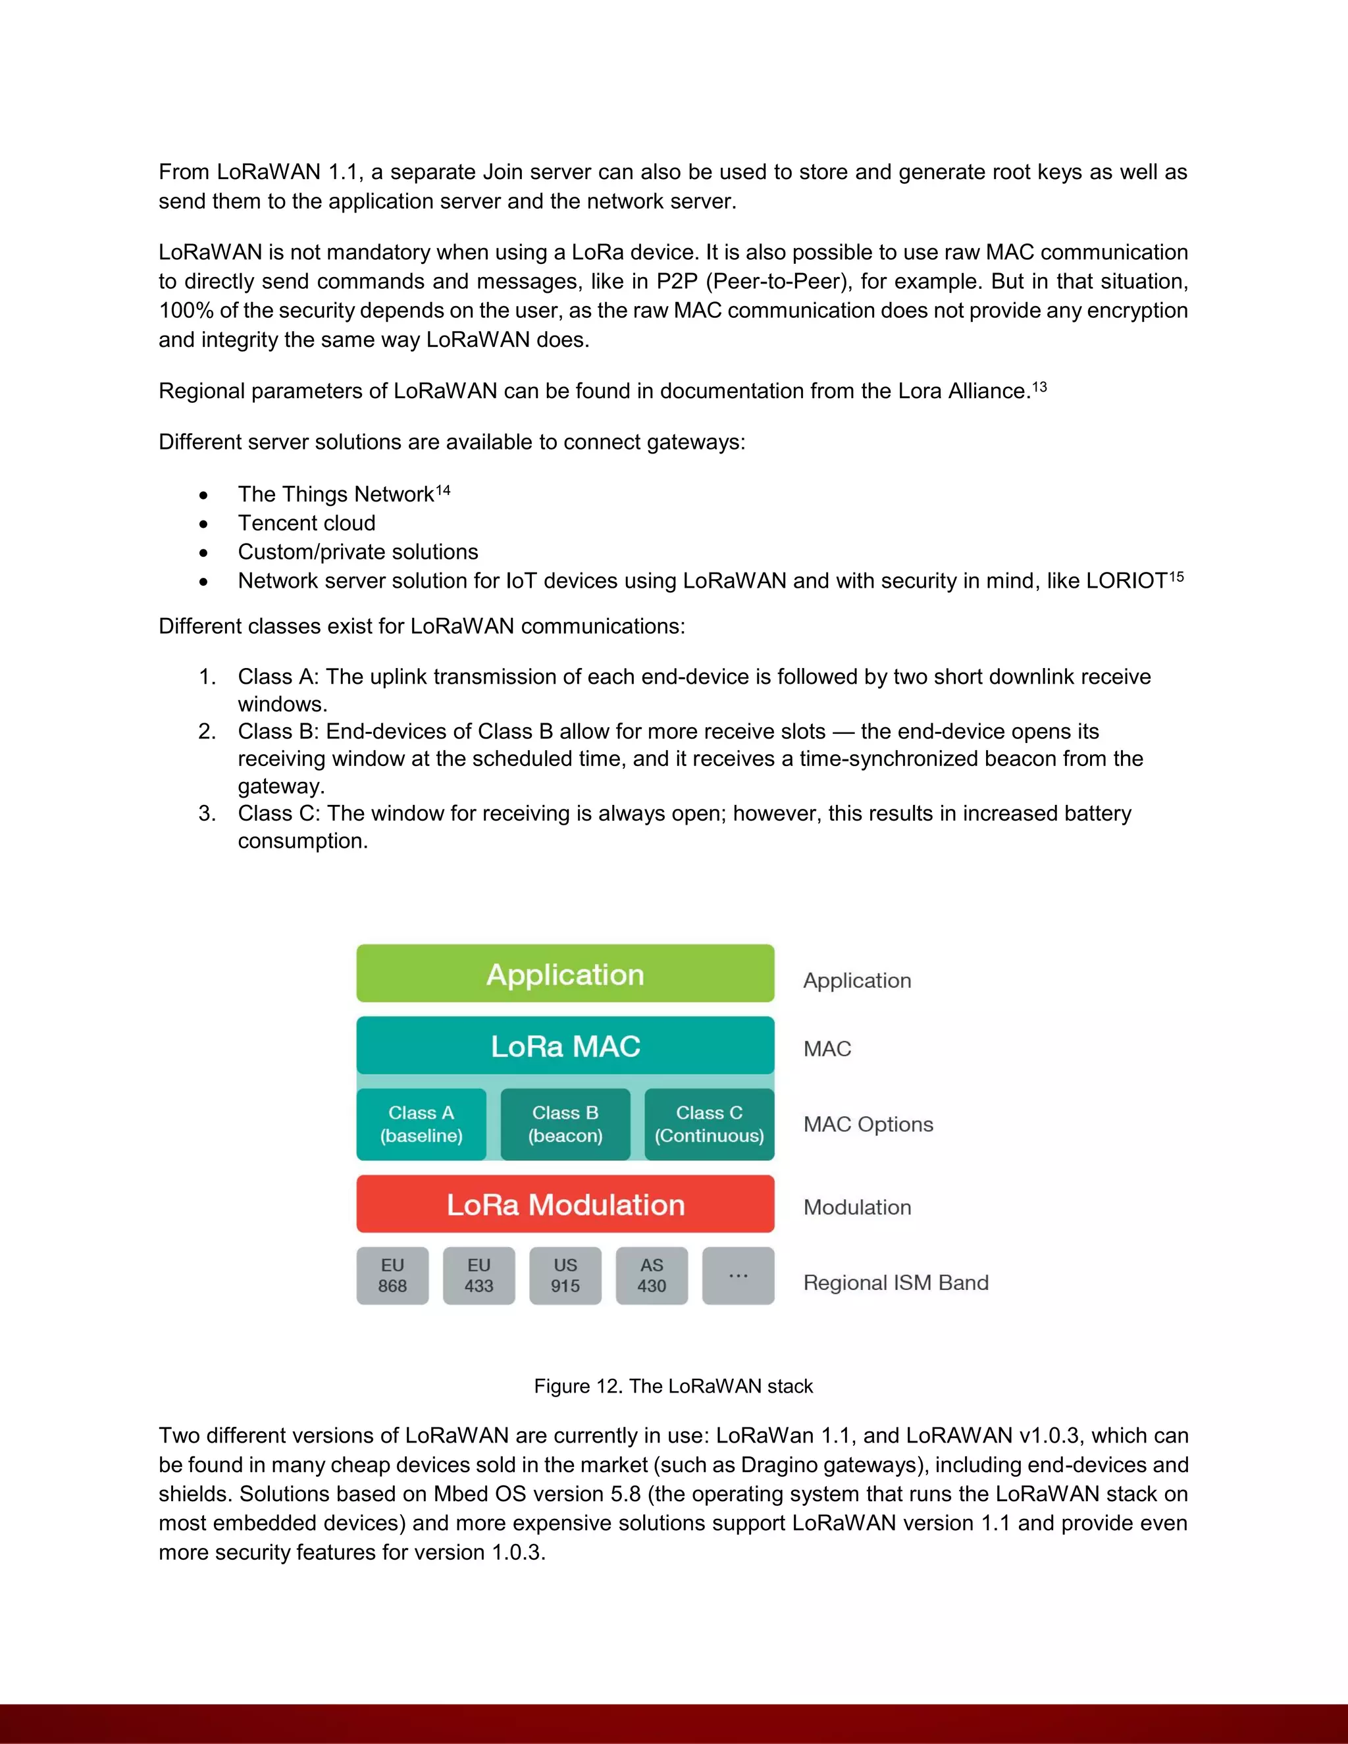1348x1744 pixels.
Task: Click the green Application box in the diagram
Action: (565, 973)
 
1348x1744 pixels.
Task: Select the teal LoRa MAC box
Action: (565, 1045)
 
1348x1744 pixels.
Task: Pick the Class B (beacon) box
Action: (565, 1123)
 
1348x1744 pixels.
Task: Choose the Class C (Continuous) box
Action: (709, 1123)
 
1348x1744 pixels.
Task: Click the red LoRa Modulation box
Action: (565, 1204)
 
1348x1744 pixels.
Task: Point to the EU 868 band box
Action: (392, 1275)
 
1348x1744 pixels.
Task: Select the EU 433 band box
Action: (479, 1275)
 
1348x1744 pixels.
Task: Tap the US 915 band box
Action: (565, 1275)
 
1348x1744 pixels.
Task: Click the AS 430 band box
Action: (652, 1275)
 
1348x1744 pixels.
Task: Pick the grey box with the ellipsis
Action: (738, 1275)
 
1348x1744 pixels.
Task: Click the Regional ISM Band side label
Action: (895, 1283)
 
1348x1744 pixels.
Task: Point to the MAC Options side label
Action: (868, 1124)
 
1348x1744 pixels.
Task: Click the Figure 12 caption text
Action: (673, 1386)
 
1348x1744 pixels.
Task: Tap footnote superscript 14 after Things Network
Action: (443, 490)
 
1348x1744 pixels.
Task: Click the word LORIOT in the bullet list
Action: (1127, 581)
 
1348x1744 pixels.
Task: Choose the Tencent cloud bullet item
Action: (307, 523)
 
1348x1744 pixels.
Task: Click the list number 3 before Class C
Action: (207, 813)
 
